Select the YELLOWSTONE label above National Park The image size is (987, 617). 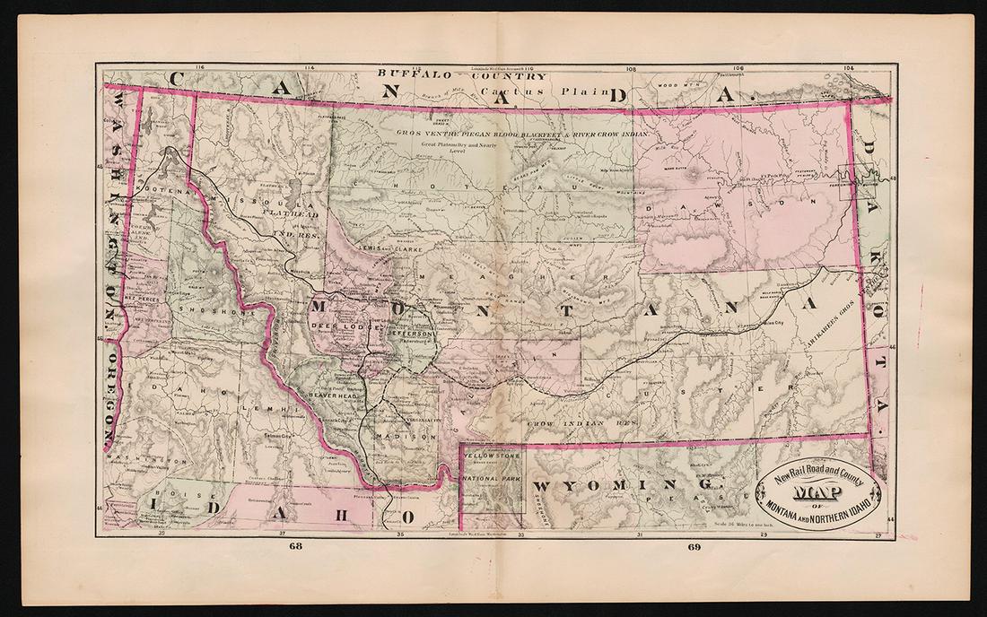491,455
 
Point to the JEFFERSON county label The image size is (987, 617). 411,333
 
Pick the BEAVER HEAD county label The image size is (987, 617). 334,395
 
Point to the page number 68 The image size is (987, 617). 296,545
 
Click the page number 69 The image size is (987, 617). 693,545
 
